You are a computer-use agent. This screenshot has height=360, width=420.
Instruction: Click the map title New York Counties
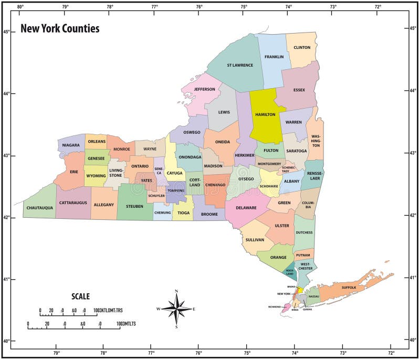(x=60, y=29)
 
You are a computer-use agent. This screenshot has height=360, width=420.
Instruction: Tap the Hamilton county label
(x=265, y=114)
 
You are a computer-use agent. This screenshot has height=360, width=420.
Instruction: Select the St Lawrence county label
(x=239, y=66)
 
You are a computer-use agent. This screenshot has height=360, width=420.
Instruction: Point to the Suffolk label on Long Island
(x=349, y=288)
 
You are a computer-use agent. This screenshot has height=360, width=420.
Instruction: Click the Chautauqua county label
(x=39, y=208)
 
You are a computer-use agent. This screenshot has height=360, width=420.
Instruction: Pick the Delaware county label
(x=246, y=208)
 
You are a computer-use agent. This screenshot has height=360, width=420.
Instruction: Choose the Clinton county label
(x=302, y=47)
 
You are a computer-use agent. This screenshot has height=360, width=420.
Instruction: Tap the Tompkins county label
(x=175, y=190)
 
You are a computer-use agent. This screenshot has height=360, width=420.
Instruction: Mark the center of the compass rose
(x=176, y=309)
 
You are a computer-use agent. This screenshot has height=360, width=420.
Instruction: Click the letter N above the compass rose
(x=176, y=291)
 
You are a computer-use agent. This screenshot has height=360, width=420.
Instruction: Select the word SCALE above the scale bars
(x=80, y=297)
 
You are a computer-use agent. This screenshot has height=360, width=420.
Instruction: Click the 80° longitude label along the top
(x=20, y=7)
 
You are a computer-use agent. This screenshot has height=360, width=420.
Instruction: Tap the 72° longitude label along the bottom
(x=391, y=353)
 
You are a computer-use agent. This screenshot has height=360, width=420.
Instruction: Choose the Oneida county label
(x=223, y=142)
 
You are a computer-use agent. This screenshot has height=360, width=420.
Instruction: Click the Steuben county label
(x=134, y=206)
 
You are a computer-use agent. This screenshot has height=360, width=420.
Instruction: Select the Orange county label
(x=278, y=257)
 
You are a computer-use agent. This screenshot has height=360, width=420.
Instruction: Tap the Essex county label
(x=299, y=90)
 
